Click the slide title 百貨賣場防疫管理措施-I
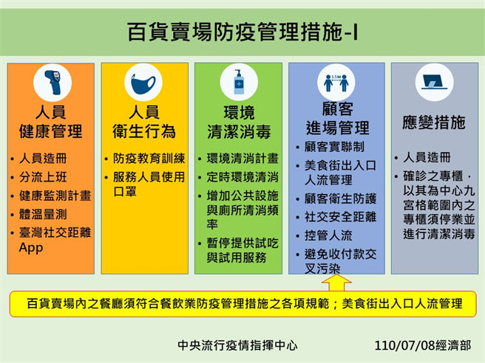tap(242, 32)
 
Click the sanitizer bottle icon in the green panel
tap(237, 83)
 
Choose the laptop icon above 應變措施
tap(434, 83)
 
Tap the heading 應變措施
tap(435, 122)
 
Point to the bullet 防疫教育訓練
tap(148, 158)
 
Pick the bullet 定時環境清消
tap(242, 177)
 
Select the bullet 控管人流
tap(328, 237)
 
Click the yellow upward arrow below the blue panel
tap(336, 283)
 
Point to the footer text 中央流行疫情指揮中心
tap(237, 345)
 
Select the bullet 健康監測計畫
tap(55, 196)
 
